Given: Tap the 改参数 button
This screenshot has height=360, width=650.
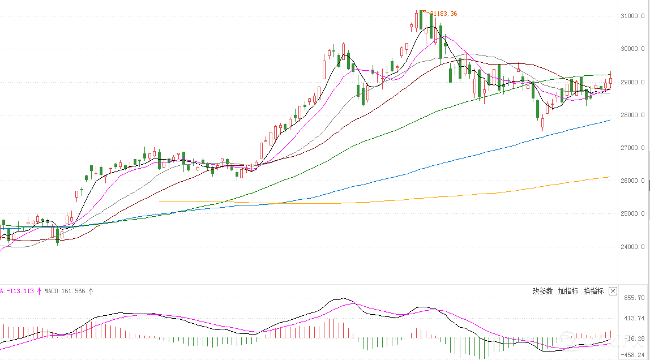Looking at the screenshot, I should [x=542, y=291].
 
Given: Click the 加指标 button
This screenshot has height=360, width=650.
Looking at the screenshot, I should [x=568, y=291].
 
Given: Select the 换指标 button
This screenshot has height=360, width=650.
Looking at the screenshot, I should [x=593, y=291].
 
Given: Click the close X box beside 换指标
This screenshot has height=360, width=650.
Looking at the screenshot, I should [x=613, y=291].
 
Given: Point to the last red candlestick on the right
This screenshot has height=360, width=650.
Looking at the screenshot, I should [x=610, y=81].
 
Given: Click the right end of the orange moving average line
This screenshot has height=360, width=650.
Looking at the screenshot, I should [x=609, y=177].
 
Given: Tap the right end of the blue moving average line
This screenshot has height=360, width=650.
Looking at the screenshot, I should [x=609, y=120].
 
